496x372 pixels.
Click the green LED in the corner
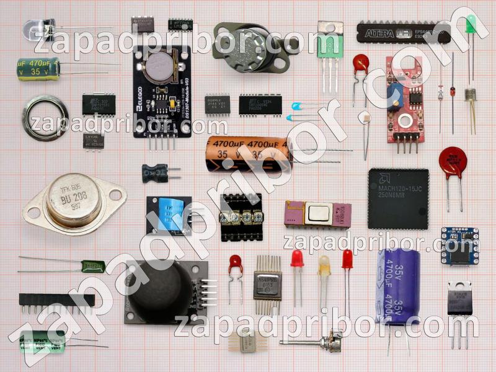(469, 27)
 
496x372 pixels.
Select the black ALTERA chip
(400, 33)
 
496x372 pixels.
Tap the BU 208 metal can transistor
(73, 199)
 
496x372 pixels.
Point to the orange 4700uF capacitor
(248, 153)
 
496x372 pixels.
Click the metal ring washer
(45, 118)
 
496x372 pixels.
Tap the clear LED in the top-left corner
(33, 29)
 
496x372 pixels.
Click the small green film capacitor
(94, 267)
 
